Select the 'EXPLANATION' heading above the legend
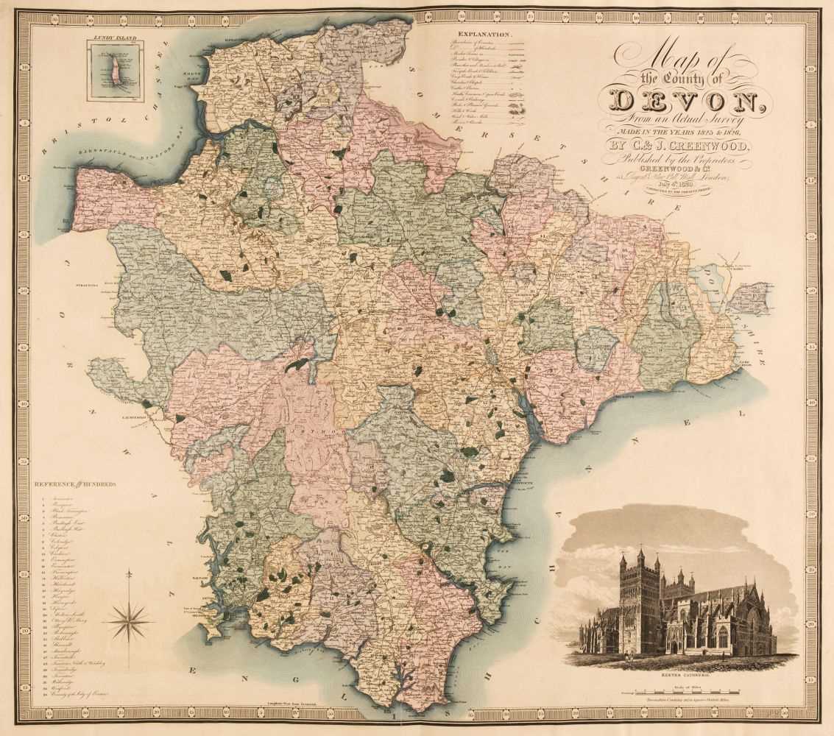(x=484, y=35)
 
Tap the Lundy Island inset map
(x=114, y=71)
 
